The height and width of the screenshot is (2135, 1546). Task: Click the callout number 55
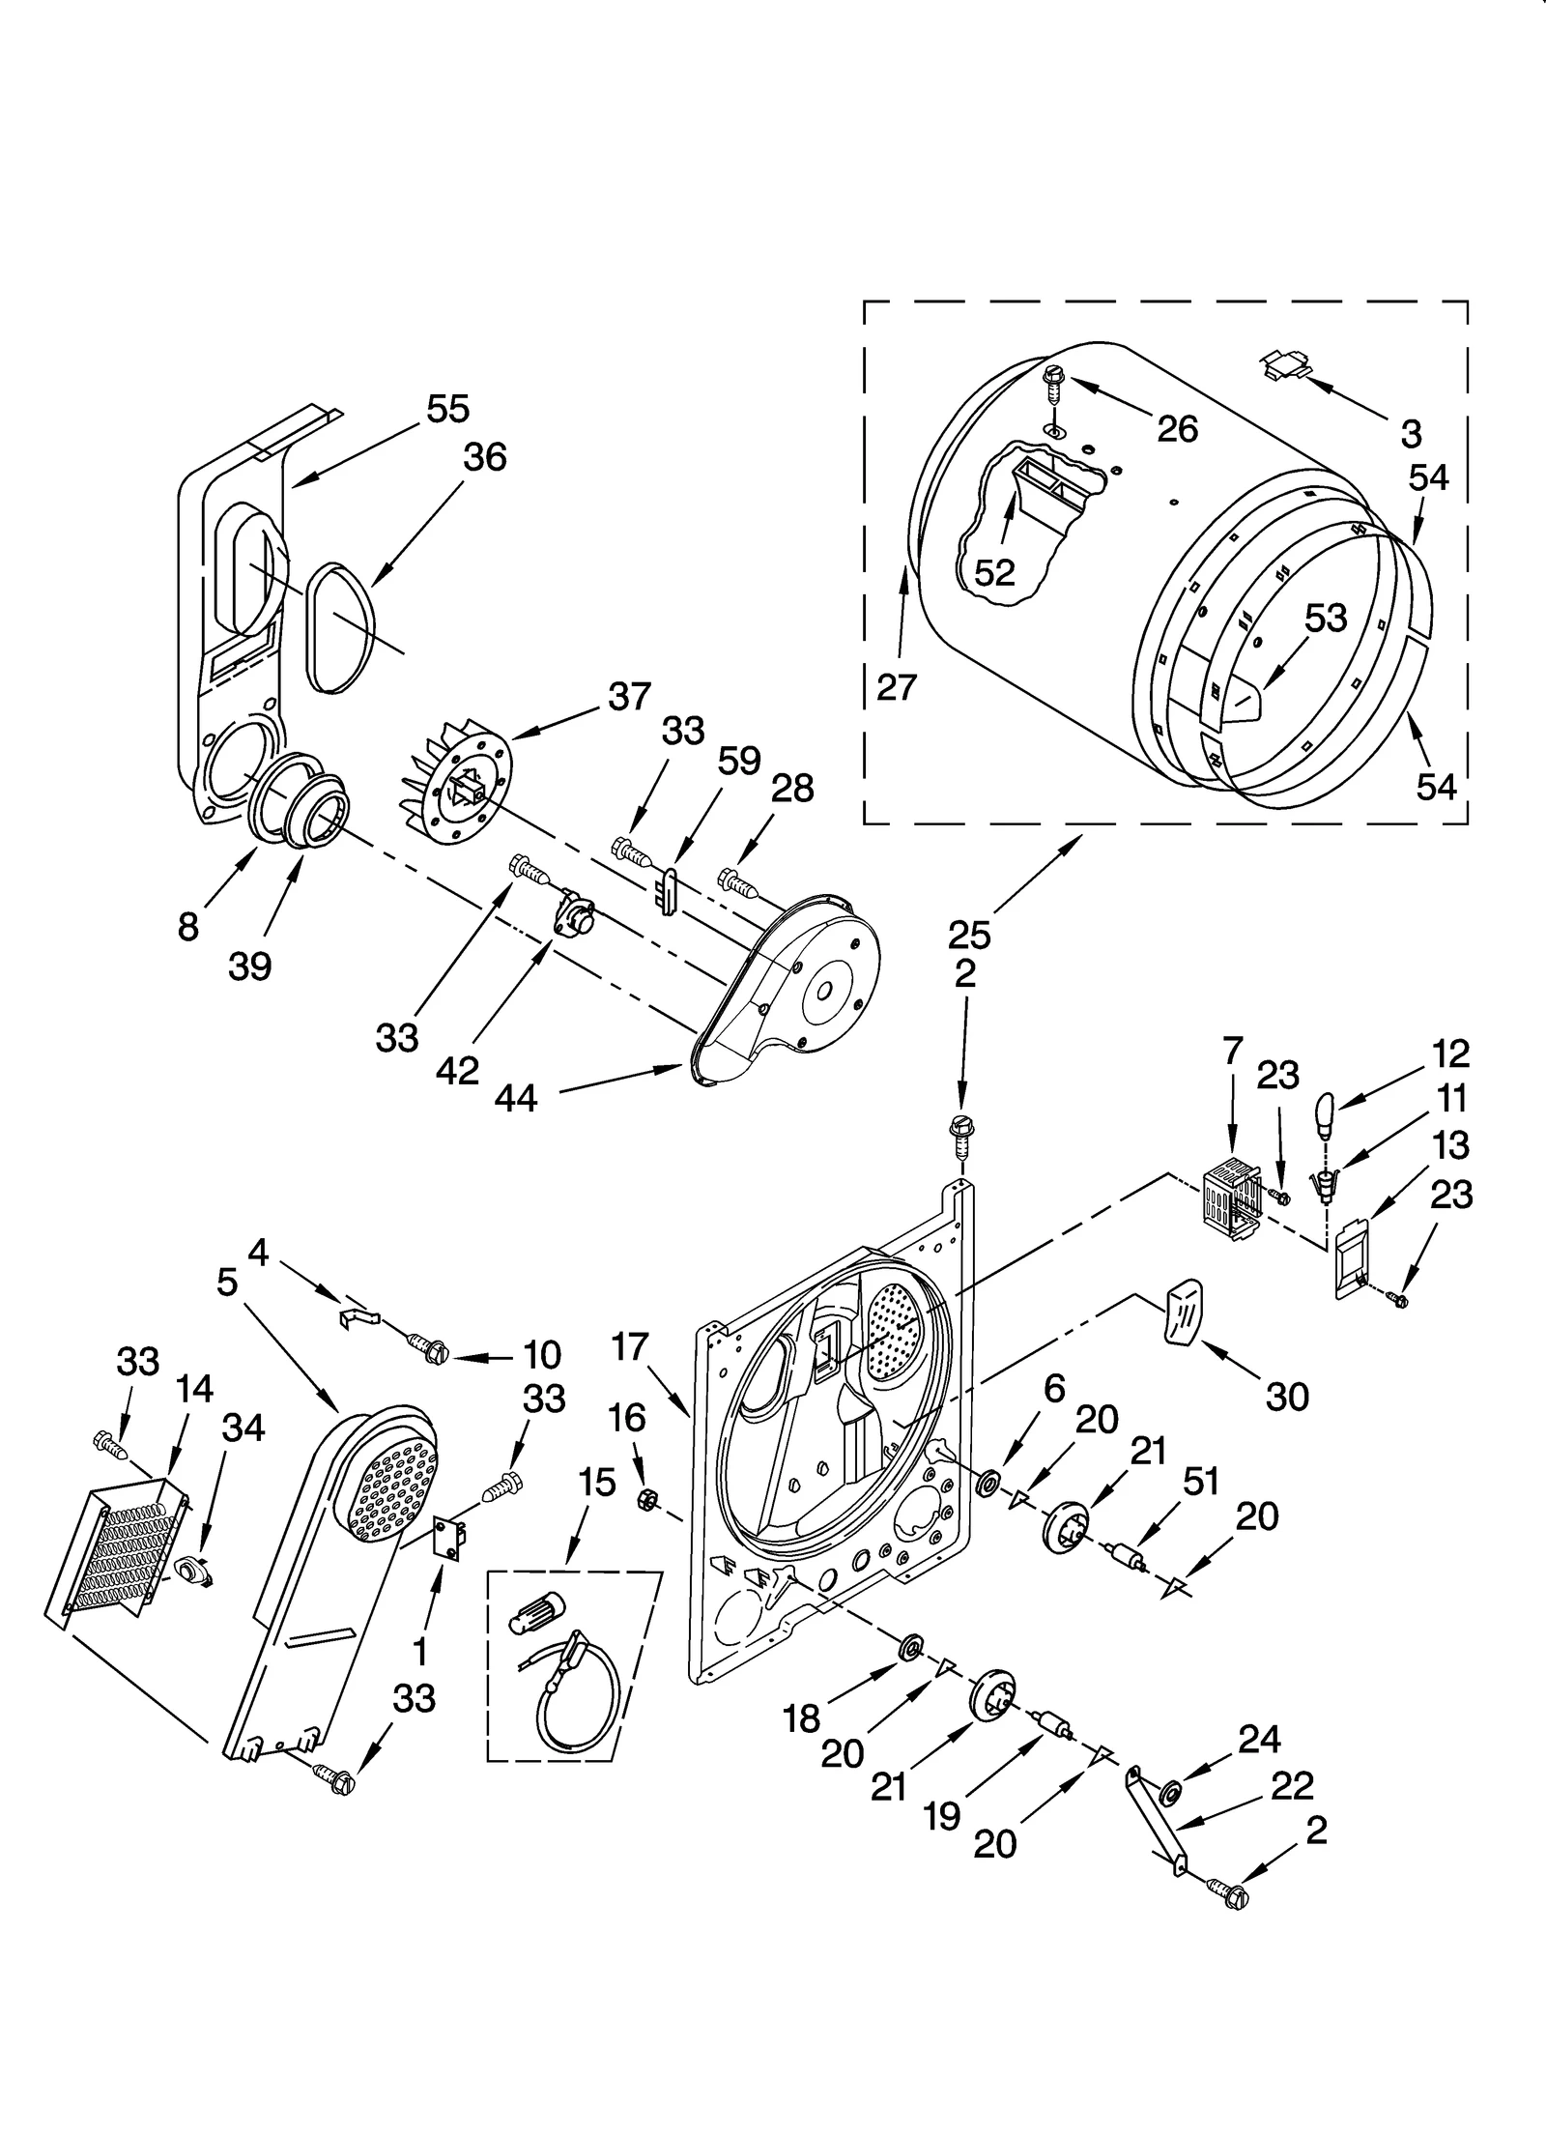(x=447, y=409)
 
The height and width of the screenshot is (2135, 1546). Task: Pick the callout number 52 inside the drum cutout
(x=994, y=572)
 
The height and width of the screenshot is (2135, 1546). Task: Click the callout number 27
(x=896, y=686)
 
